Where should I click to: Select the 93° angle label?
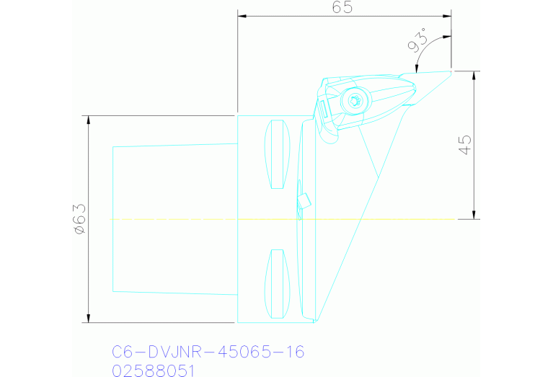417,41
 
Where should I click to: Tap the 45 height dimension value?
464,144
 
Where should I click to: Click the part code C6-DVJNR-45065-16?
208,352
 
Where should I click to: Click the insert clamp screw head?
354,101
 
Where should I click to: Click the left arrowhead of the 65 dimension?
242,15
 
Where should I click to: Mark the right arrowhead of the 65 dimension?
448,15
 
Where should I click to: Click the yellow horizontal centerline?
180,218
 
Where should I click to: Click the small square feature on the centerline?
304,202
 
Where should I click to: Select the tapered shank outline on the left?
113,218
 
